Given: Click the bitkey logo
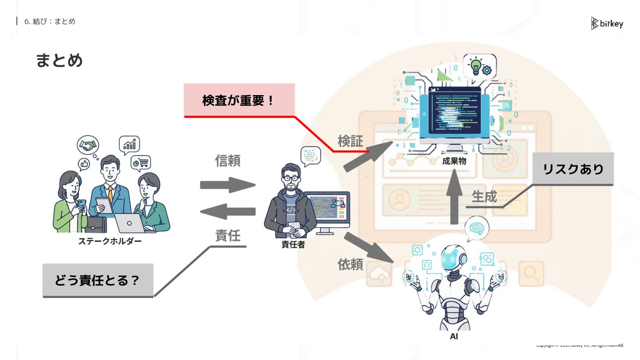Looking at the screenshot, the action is click(607, 24).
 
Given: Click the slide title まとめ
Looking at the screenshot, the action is click(59, 60).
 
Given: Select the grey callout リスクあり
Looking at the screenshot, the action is click(573, 169).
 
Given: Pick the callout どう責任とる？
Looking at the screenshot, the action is click(98, 280).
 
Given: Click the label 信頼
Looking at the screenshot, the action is click(228, 160).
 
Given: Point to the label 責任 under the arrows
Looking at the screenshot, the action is click(228, 236).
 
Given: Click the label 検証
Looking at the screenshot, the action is click(350, 141).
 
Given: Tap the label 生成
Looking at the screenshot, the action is click(484, 196).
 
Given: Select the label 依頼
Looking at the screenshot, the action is click(350, 264).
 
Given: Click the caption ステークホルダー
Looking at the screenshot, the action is click(110, 241).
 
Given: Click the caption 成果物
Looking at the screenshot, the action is click(454, 161).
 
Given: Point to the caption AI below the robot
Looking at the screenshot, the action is click(454, 336).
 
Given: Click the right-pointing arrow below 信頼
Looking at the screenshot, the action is click(228, 185).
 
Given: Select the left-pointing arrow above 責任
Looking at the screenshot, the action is click(228, 211).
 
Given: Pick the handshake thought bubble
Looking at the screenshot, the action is click(88, 145).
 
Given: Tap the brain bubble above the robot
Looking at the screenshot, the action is click(476, 228).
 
